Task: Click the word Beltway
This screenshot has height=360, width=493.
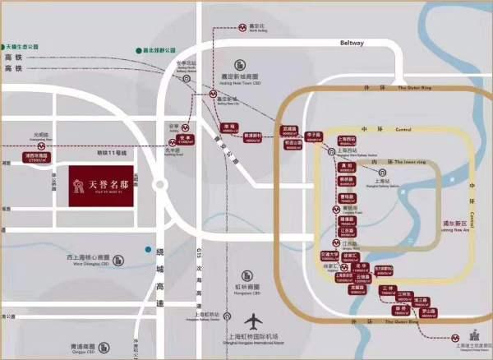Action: click(x=350, y=46)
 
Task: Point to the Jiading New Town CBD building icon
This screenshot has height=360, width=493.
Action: click(x=240, y=64)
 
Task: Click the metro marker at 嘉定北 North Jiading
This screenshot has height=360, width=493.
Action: click(x=246, y=26)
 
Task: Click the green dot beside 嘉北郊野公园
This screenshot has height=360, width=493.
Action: click(x=138, y=51)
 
